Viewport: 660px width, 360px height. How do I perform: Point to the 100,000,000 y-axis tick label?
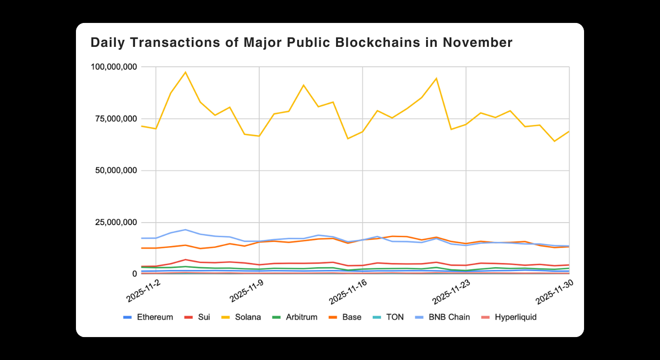pos(114,67)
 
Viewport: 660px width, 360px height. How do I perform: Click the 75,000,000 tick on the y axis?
pos(116,119)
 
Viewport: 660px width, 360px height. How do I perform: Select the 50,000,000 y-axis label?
pos(116,171)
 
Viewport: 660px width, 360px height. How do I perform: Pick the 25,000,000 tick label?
pos(116,222)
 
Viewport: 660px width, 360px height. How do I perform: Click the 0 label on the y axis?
pos(135,274)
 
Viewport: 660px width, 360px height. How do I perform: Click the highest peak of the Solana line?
pos(186,72)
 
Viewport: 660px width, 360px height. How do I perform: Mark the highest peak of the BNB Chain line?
pos(186,230)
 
